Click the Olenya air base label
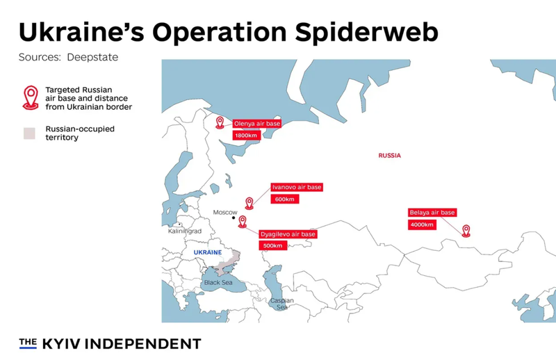click(x=257, y=124)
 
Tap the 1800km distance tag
click(x=245, y=135)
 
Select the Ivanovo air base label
click(x=297, y=188)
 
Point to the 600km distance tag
click(x=285, y=199)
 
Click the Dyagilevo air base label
click(x=288, y=234)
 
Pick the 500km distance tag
click(x=271, y=246)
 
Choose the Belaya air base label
click(x=432, y=213)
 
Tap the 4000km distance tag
click(x=422, y=224)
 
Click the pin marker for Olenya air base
click(x=220, y=122)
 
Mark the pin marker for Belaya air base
click(x=466, y=229)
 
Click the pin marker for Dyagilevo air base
click(x=242, y=222)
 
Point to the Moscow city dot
click(x=234, y=218)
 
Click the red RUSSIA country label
click(x=389, y=156)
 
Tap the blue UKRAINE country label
click(x=207, y=252)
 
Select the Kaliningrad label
click(x=185, y=231)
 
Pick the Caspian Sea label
click(x=282, y=304)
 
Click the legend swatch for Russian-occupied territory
click(x=29, y=133)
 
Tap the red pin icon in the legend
click(x=30, y=97)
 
